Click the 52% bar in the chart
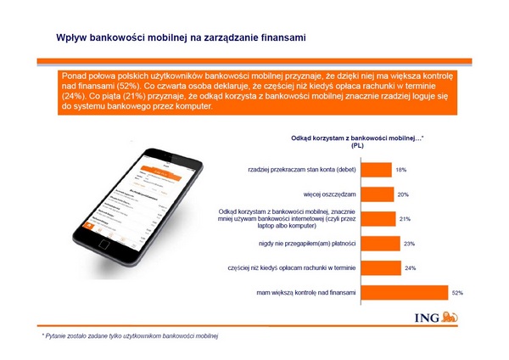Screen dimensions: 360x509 [408, 292]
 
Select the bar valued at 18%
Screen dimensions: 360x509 [381, 169]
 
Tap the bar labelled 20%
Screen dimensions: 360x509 [383, 194]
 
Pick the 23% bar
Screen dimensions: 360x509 [385, 243]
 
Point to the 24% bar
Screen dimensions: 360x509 [386, 267]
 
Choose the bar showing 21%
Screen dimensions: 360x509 [383, 218]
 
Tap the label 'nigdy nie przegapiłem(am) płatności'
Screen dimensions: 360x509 [312, 243]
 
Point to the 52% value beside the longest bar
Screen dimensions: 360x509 [456, 292]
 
